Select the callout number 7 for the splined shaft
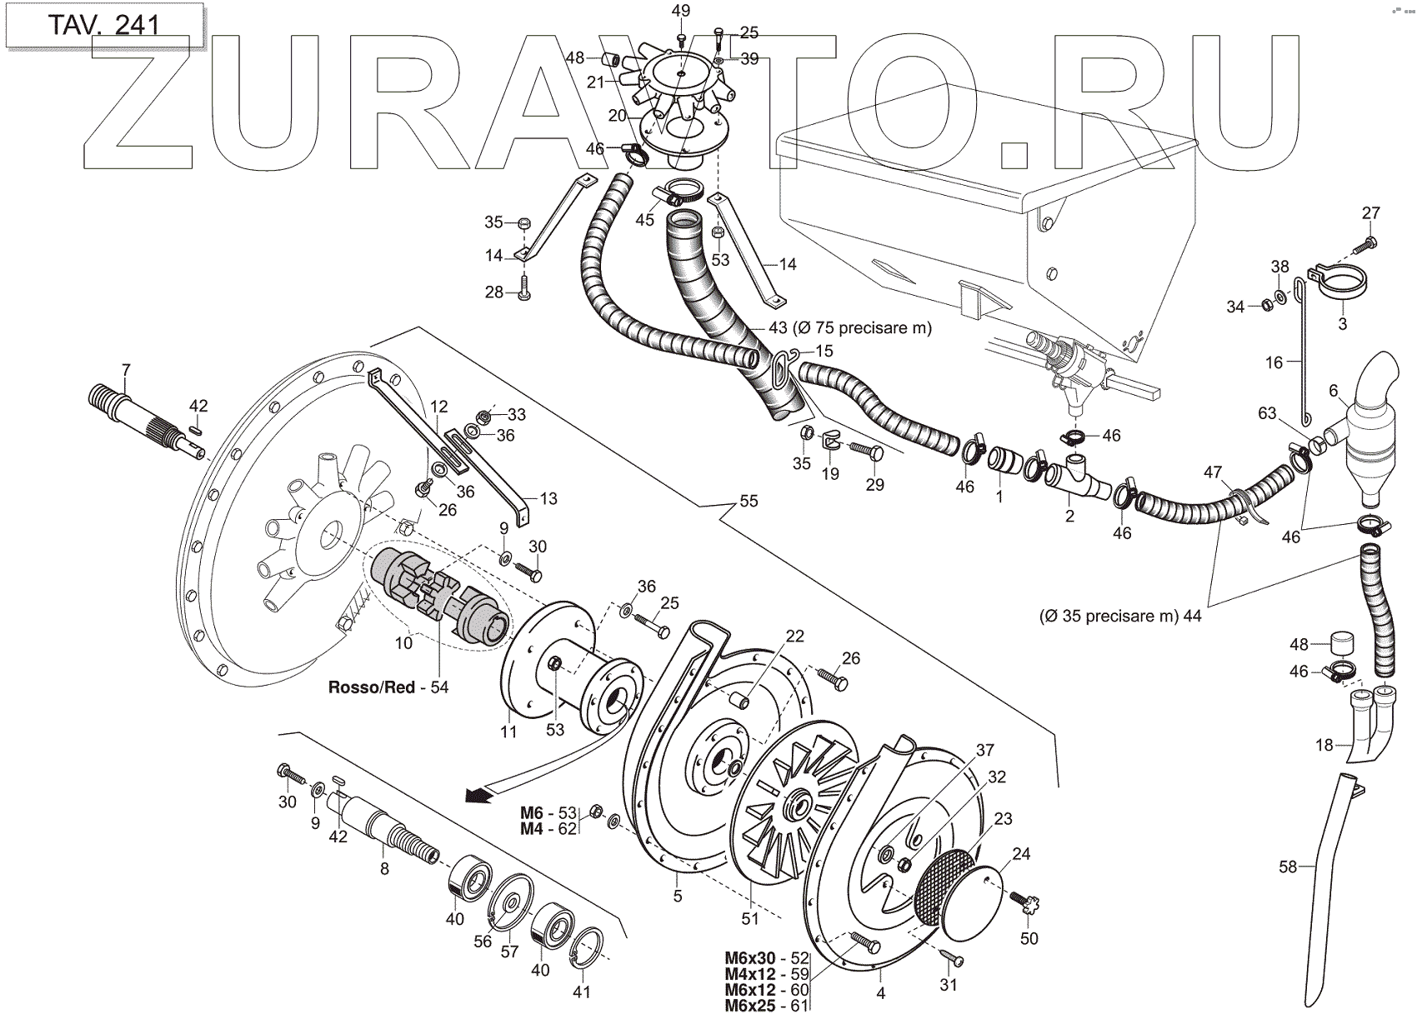(126, 369)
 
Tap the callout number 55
(749, 502)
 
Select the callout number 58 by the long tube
(1288, 867)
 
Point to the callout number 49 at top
(680, 11)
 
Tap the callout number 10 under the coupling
(403, 643)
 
